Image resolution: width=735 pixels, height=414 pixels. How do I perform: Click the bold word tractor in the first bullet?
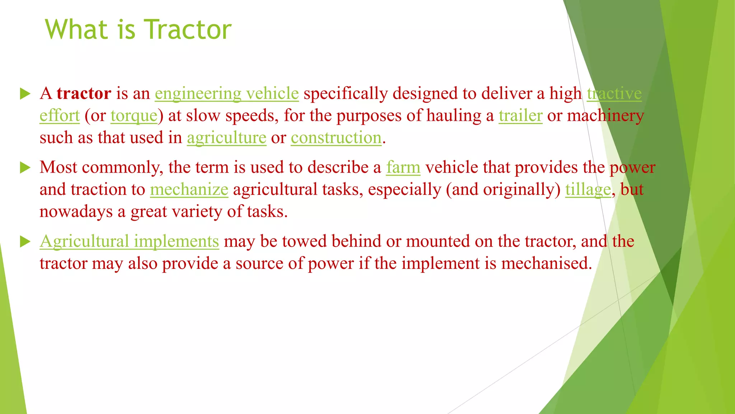click(x=84, y=93)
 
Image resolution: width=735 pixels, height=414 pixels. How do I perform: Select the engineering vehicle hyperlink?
click(x=226, y=93)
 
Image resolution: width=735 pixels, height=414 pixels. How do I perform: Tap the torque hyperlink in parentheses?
click(x=134, y=116)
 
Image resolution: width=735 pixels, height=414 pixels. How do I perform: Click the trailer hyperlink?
click(x=520, y=116)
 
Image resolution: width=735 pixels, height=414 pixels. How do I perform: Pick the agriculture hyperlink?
click(x=226, y=138)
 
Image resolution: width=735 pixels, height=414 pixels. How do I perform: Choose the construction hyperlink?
click(x=336, y=138)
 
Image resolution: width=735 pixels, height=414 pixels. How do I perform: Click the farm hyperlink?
click(x=403, y=167)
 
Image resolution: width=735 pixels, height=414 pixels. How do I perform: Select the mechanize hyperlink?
click(x=189, y=189)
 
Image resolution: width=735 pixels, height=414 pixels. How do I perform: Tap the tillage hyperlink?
click(x=587, y=189)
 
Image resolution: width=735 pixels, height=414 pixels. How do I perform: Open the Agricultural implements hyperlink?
click(x=129, y=241)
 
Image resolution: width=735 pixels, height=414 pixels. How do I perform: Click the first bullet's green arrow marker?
click(x=25, y=94)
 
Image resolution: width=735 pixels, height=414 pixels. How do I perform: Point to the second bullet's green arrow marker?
click(x=25, y=167)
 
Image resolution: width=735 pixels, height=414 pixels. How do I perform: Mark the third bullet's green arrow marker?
click(x=25, y=241)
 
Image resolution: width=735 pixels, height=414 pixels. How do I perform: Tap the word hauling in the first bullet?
click(x=454, y=116)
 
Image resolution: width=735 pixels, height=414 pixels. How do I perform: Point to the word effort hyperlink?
click(x=60, y=116)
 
